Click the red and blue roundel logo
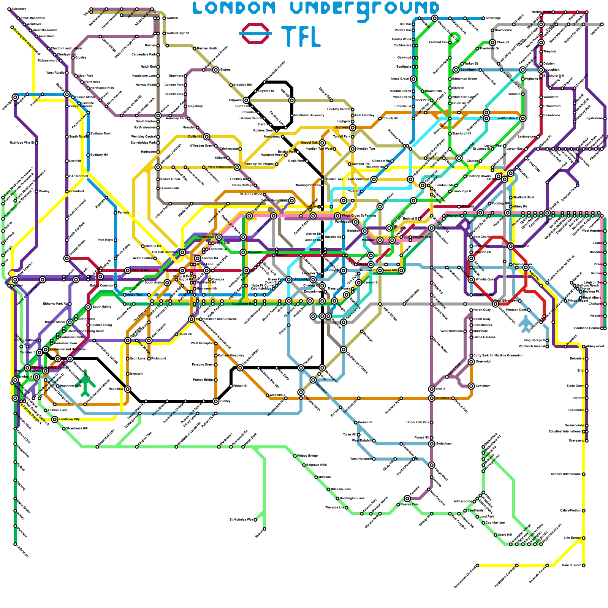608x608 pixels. pos(255,33)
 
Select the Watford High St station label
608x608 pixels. pos(177,33)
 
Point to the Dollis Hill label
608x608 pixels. pos(195,136)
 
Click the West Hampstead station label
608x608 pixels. pos(220,167)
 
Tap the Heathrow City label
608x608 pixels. pos(70,419)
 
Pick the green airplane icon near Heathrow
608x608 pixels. pos(86,382)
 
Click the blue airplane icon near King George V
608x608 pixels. pos(526,324)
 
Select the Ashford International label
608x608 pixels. pos(566,474)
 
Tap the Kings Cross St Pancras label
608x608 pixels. pos(359,216)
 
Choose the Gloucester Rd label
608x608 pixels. pos(242,304)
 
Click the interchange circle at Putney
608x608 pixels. pos(216,401)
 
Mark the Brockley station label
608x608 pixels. pos(443,398)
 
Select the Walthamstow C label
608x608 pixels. pos(508,118)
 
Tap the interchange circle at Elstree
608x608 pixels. pos(216,70)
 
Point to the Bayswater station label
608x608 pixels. pos(255,252)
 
